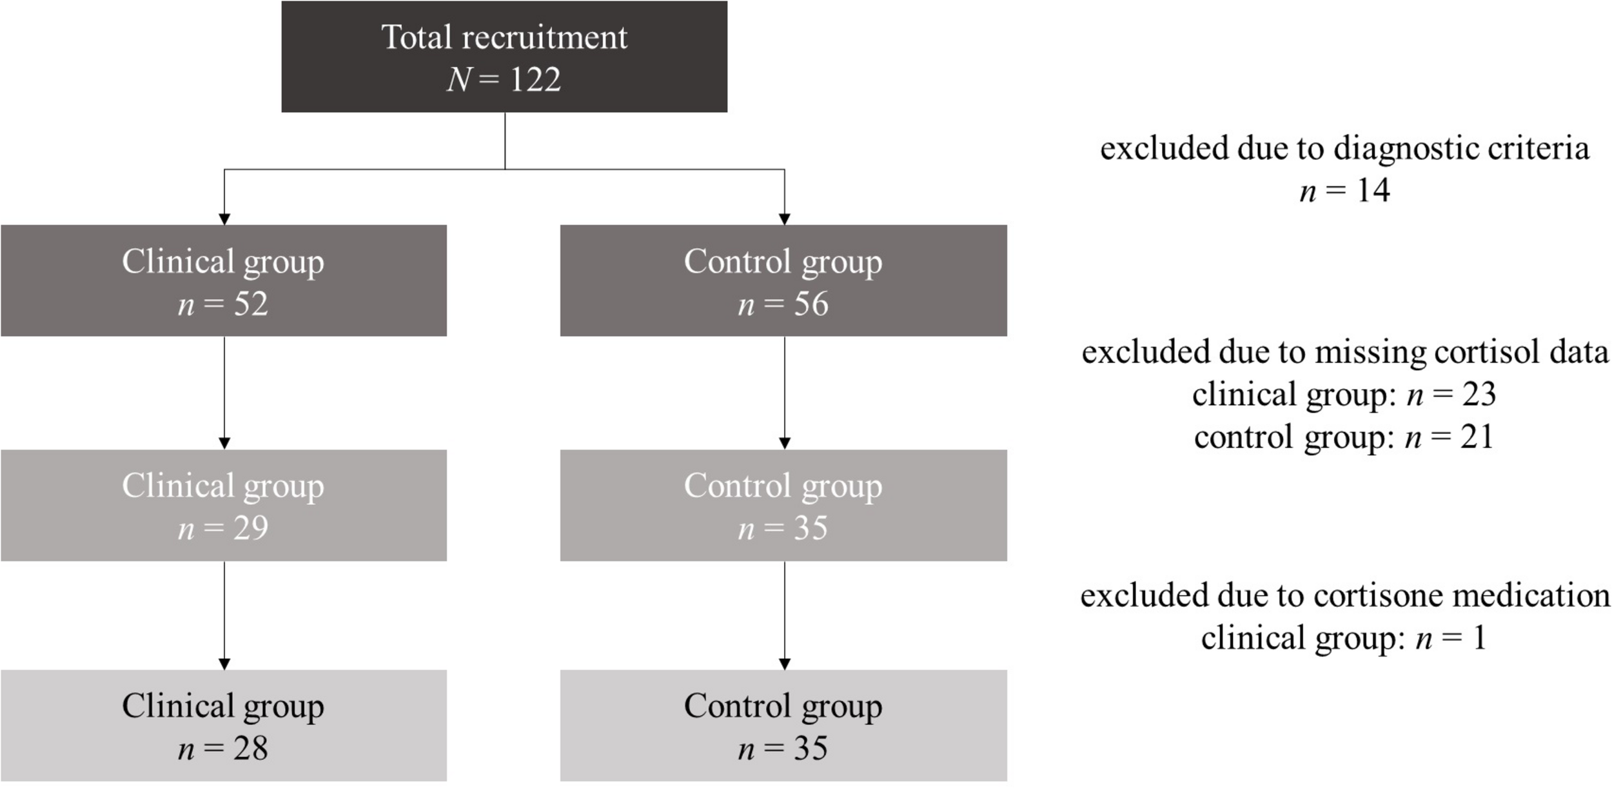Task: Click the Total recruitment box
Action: click(x=504, y=57)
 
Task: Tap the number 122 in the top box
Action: click(x=535, y=80)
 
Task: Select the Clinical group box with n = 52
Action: click(x=223, y=281)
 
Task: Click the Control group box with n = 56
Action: click(x=783, y=281)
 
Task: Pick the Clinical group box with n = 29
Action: click(x=223, y=505)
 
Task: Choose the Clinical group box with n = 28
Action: click(x=223, y=725)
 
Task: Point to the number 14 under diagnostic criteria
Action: click(x=1373, y=190)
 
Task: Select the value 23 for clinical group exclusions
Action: click(x=1479, y=394)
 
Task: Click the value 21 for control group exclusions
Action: click(x=1477, y=437)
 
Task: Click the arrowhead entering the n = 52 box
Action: click(x=224, y=219)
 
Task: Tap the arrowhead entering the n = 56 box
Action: click(x=785, y=219)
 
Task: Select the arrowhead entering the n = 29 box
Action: click(x=224, y=444)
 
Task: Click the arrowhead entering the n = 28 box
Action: click(x=224, y=664)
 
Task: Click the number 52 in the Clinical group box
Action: click(x=250, y=304)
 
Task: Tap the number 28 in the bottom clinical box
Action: click(x=250, y=749)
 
